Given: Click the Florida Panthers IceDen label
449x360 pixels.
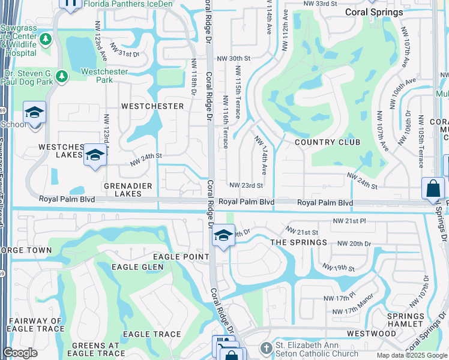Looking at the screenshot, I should tap(128, 4).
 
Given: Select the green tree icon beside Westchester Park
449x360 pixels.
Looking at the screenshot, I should tap(61, 76).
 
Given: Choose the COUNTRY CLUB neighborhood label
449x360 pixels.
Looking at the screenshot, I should tap(328, 142).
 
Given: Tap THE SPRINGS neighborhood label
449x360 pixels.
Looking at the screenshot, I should tap(298, 242).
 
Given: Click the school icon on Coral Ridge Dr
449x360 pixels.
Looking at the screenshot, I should tap(223, 235).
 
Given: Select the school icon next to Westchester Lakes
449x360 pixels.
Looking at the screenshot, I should tap(94, 155).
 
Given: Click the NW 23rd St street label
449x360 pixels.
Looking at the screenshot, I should tap(246, 186).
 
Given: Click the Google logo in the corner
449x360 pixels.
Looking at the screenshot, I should tap(20, 353).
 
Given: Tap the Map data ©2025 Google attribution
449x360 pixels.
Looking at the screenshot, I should tap(411, 355).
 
